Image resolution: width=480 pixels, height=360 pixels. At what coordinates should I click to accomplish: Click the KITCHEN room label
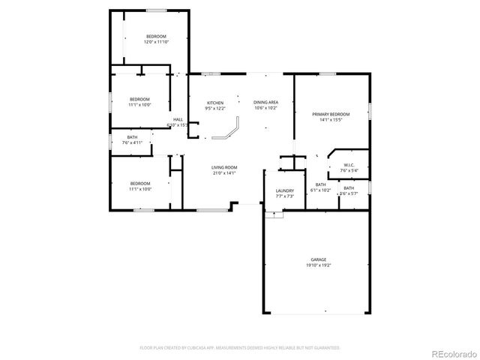click(215, 103)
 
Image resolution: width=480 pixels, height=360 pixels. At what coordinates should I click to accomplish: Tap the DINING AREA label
click(265, 103)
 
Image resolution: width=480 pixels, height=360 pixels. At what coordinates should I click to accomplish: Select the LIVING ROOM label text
click(224, 167)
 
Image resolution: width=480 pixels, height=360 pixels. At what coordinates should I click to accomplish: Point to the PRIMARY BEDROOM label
click(331, 113)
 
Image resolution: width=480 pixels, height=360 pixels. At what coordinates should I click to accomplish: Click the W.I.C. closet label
click(349, 165)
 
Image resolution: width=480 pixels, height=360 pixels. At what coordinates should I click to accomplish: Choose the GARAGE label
click(318, 259)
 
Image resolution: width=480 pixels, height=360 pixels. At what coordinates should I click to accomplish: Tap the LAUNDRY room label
click(284, 191)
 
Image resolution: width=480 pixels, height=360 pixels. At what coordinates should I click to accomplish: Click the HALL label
click(178, 119)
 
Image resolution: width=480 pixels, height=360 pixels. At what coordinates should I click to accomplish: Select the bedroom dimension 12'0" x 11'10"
click(156, 42)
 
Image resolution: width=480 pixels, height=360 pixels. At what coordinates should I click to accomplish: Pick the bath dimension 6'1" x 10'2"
click(320, 190)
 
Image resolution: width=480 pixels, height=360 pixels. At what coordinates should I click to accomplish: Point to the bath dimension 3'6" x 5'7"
click(349, 193)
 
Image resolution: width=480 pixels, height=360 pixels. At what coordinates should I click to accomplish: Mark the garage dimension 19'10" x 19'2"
click(318, 265)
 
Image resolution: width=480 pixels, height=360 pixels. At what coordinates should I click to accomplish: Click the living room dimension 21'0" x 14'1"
click(224, 173)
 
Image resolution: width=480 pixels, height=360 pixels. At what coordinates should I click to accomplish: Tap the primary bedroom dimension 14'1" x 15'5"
click(331, 119)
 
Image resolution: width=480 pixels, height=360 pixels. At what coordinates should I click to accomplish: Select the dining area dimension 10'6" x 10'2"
click(265, 109)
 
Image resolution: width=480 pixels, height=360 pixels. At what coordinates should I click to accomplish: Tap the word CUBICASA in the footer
click(200, 348)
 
